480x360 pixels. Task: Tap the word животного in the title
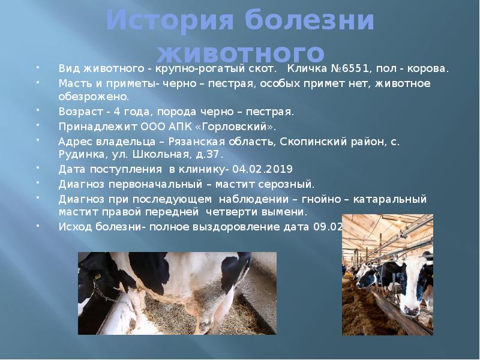tap(240, 52)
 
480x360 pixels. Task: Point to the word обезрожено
tap(93, 96)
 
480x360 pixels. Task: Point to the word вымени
tap(286, 212)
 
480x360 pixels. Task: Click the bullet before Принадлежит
tap(39, 125)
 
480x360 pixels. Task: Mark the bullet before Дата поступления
tap(39, 168)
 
